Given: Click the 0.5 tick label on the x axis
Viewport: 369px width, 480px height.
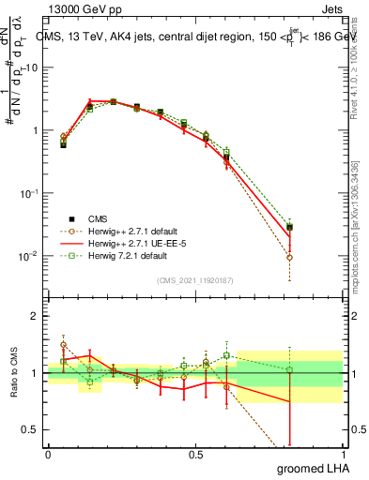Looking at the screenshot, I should (x=195, y=455).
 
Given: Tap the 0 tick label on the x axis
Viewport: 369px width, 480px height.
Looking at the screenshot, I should (x=48, y=455).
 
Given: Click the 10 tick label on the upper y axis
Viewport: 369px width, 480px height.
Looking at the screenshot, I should (x=32, y=67).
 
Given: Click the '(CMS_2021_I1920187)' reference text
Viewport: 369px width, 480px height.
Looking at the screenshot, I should (x=195, y=278).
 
